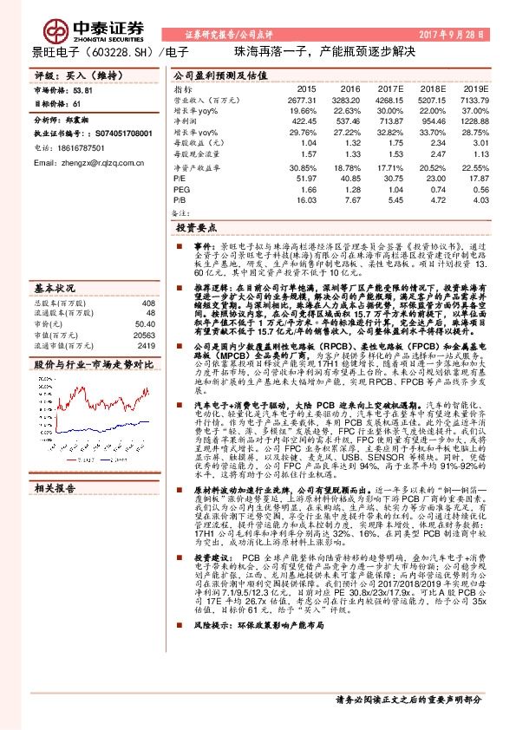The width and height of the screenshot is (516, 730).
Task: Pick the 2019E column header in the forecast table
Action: tap(478, 88)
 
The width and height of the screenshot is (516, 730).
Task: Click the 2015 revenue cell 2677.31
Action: tap(304, 101)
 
